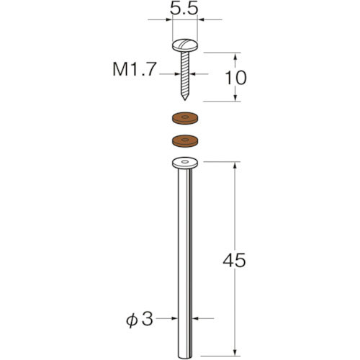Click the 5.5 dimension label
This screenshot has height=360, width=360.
point(184,9)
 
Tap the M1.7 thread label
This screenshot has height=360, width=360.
point(135,70)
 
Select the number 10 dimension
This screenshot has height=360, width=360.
point(235,78)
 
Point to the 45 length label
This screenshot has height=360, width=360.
point(234,261)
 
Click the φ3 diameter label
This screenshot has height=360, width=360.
point(140,320)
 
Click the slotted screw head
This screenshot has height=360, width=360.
point(185,45)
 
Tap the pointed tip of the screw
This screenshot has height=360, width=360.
point(184,99)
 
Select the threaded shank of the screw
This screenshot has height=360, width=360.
point(185,73)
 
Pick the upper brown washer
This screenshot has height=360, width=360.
point(185,118)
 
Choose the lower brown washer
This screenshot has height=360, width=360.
point(185,140)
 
